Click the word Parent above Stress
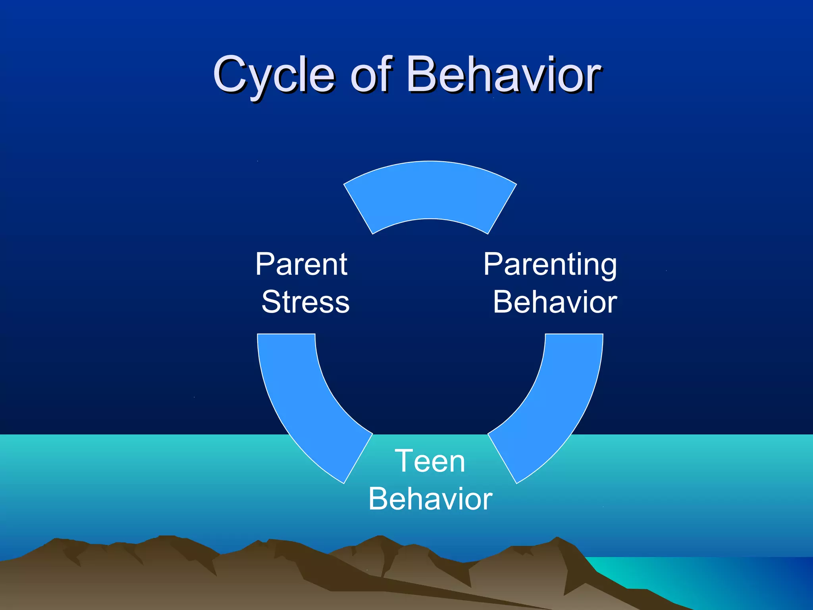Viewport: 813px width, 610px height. tap(301, 264)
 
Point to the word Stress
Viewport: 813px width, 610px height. tap(305, 302)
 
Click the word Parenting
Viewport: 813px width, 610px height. tap(550, 265)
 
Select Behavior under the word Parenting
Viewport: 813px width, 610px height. tap(555, 302)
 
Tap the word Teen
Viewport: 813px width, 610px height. tap(430, 461)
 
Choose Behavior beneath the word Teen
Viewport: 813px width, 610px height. tap(430, 499)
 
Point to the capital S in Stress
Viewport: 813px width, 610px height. tap(272, 302)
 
